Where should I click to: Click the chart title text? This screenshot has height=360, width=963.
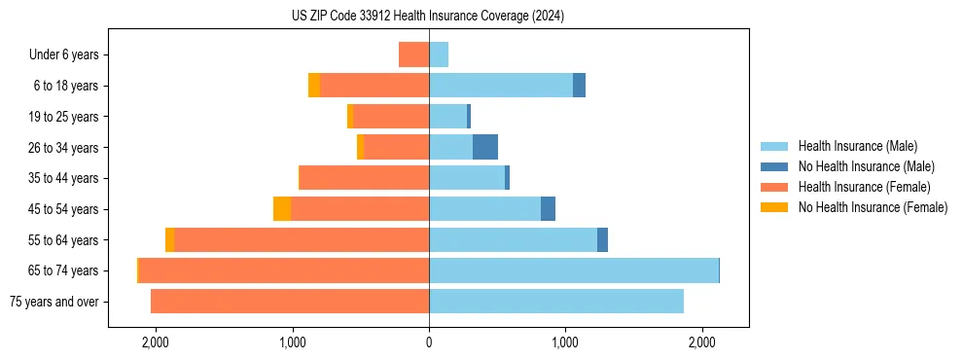pyautogui.click(x=427, y=17)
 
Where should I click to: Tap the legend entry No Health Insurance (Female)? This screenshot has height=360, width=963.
pyautogui.click(x=873, y=207)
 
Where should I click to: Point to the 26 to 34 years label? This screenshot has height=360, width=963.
pyautogui.click(x=63, y=148)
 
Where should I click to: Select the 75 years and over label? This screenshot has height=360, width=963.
pyautogui.click(x=54, y=302)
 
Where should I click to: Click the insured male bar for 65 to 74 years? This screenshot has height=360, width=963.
pyautogui.click(x=574, y=270)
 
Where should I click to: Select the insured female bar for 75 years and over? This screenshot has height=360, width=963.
pyautogui.click(x=290, y=302)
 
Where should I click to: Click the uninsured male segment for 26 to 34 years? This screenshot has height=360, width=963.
pyautogui.click(x=485, y=147)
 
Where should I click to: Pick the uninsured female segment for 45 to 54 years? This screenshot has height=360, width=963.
pyautogui.click(x=282, y=209)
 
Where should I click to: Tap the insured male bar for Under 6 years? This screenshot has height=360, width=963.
pyautogui.click(x=439, y=55)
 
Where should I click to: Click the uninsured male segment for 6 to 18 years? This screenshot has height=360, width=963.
pyautogui.click(x=579, y=86)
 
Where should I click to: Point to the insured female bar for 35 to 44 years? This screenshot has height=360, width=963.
pyautogui.click(x=365, y=178)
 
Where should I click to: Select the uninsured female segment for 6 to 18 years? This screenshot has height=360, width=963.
pyautogui.click(x=314, y=86)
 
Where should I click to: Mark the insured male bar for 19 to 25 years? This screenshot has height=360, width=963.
pyautogui.click(x=447, y=117)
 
